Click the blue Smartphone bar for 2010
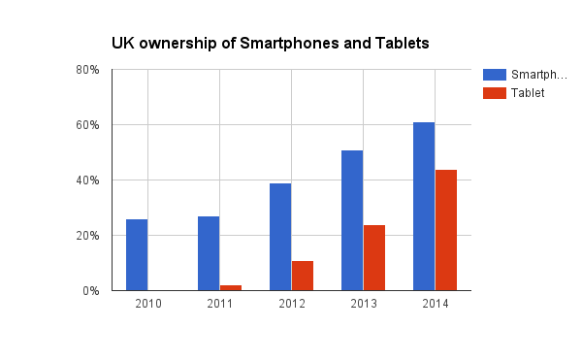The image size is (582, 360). pyautogui.click(x=137, y=254)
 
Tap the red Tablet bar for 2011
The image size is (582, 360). pyautogui.click(x=231, y=287)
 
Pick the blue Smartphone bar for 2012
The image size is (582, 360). pyautogui.click(x=280, y=237)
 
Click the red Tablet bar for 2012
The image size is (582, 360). pyautogui.click(x=303, y=276)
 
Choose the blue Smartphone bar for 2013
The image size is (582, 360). pyautogui.click(x=352, y=220)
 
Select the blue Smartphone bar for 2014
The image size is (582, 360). pyautogui.click(x=424, y=207)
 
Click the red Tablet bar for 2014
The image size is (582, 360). pyautogui.click(x=446, y=230)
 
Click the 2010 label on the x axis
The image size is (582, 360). pyautogui.click(x=148, y=305)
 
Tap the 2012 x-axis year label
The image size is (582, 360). pyautogui.click(x=291, y=305)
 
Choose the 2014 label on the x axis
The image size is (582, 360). pyautogui.click(x=435, y=305)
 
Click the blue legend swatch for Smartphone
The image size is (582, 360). pyautogui.click(x=494, y=75)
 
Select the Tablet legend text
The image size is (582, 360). pyautogui.click(x=528, y=93)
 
